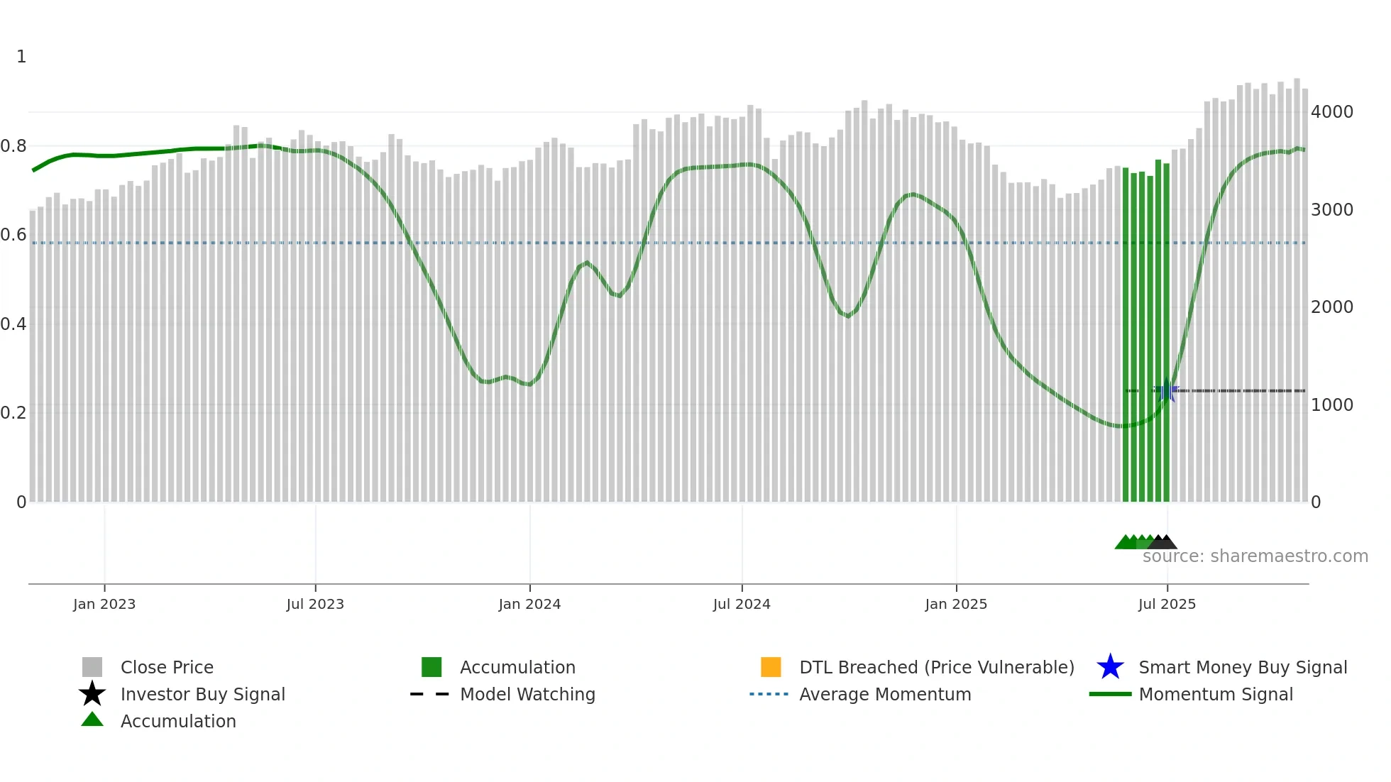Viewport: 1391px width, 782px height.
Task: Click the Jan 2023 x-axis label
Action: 104,604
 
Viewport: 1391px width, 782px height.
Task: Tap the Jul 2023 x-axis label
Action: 315,604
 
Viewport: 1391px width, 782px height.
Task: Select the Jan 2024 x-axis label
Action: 529,604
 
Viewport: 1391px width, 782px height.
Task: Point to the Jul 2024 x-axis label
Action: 742,604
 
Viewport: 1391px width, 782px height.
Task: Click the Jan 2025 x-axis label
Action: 956,604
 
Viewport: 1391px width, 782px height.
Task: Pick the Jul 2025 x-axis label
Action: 1167,604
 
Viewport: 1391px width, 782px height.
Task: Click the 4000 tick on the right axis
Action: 1332,112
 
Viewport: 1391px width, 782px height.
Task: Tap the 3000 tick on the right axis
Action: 1332,210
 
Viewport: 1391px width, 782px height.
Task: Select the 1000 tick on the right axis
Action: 1332,405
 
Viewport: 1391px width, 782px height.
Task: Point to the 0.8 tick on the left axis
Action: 13,146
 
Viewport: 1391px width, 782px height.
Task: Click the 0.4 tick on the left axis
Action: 13,324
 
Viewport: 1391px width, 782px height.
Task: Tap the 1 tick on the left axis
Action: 21,57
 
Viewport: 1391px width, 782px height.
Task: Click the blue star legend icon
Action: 1110,667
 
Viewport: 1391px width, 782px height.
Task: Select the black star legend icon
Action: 92,694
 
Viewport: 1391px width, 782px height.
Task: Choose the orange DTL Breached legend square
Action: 771,667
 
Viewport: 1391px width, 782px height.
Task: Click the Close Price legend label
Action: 167,667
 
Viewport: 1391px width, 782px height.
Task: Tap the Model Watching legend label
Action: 527,694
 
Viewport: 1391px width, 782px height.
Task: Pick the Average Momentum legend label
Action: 885,694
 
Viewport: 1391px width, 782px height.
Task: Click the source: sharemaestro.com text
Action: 1255,556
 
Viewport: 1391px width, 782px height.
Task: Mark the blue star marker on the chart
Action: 1167,390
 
